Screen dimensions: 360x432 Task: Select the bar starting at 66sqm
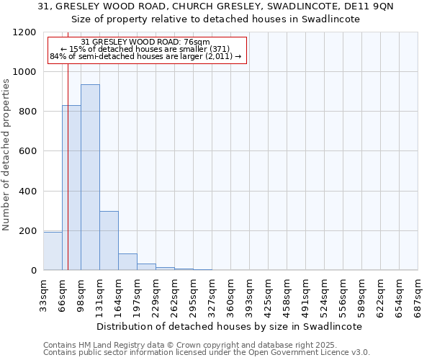point(71,187)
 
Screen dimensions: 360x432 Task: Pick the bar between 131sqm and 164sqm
point(109,240)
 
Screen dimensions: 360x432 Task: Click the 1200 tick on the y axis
point(24,32)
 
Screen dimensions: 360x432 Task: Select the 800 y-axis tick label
point(27,112)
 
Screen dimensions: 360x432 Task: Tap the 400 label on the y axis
point(27,192)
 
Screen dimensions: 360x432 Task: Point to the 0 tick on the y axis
point(34,271)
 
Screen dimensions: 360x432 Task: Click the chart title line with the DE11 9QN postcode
point(215,6)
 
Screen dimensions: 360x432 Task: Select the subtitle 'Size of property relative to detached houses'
point(215,19)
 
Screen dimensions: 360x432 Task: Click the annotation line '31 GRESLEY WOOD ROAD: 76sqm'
point(145,42)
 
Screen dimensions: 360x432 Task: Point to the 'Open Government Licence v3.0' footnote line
point(207,353)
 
